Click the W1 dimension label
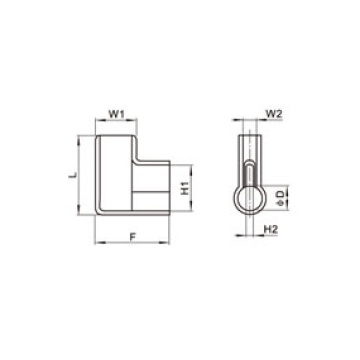coord(116,115)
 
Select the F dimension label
coord(133,237)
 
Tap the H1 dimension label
coord(184,187)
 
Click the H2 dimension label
coord(271,230)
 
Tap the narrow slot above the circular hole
coord(249,160)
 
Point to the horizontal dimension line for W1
coord(116,124)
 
